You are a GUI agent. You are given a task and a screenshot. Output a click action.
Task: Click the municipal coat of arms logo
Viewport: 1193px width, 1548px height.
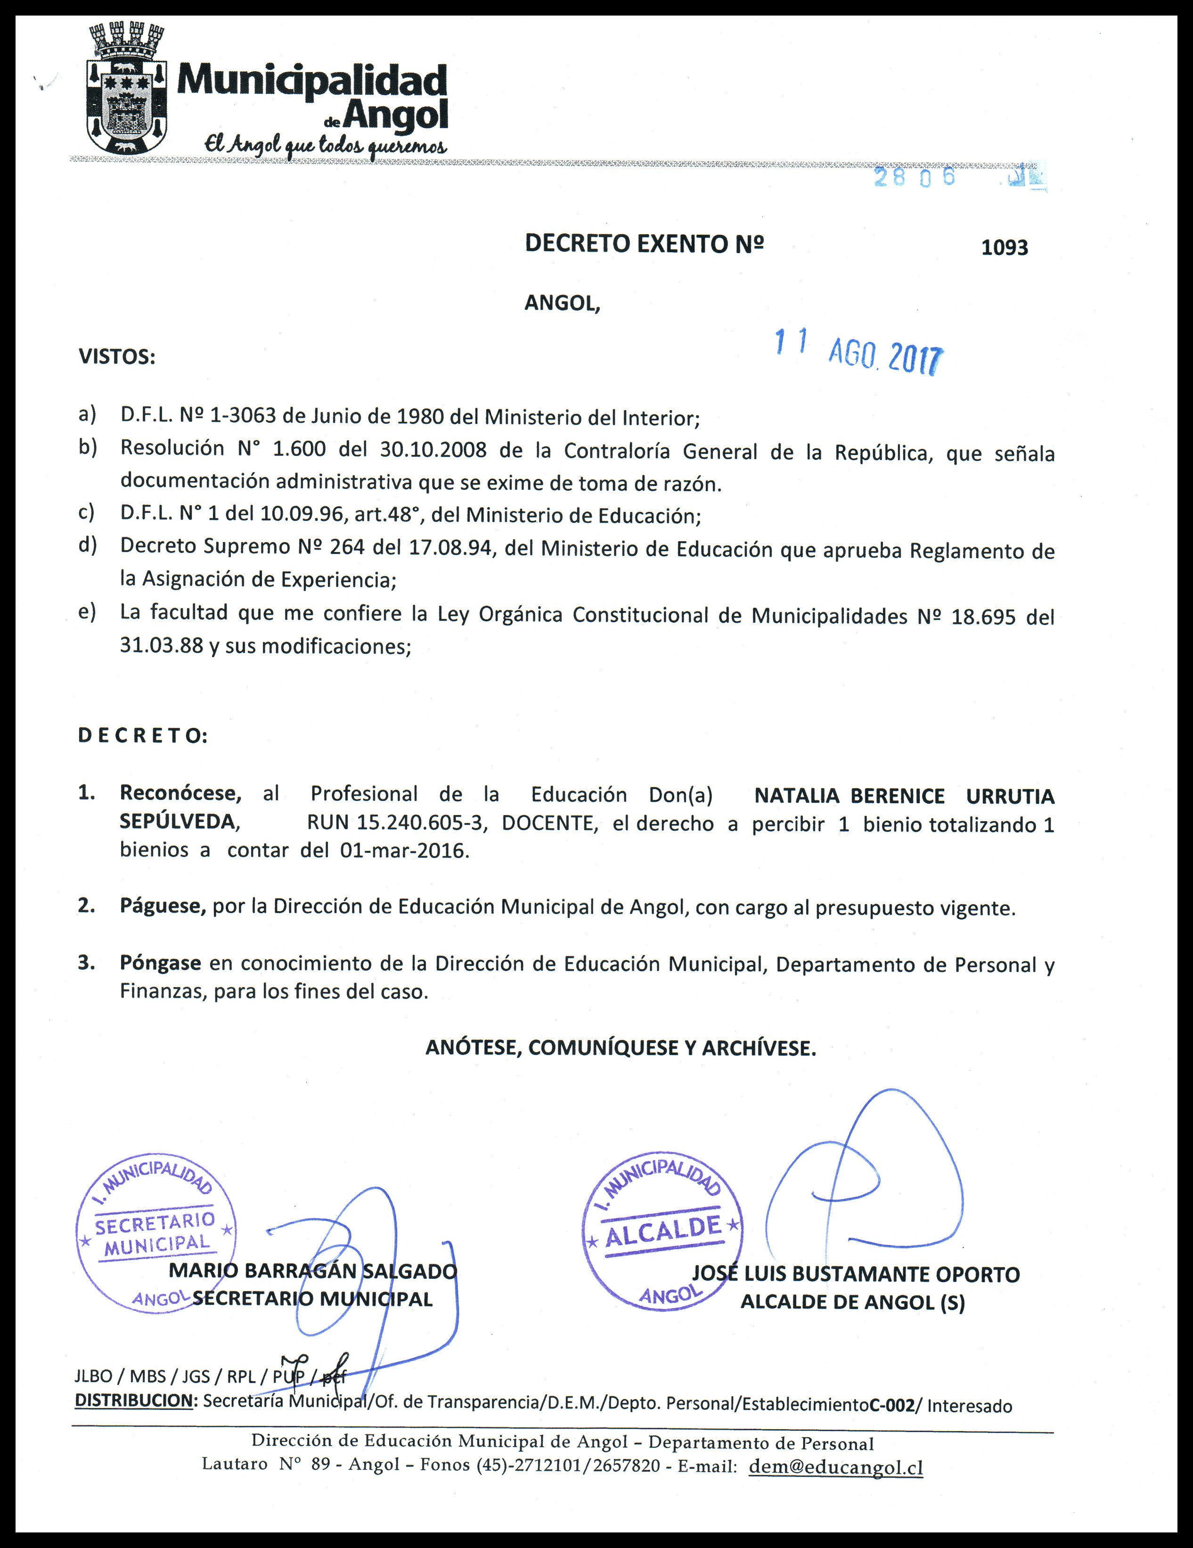127,89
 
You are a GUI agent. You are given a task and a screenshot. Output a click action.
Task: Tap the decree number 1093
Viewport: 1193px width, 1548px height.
1004,247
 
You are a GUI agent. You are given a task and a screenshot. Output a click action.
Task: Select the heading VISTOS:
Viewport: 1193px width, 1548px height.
117,356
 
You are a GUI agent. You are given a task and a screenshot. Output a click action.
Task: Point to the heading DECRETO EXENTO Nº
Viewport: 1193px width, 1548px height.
644,244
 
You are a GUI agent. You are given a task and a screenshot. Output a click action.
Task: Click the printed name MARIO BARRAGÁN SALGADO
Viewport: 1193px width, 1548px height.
312,1271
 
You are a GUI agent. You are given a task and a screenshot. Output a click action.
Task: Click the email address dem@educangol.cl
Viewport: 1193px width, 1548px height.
835,1466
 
